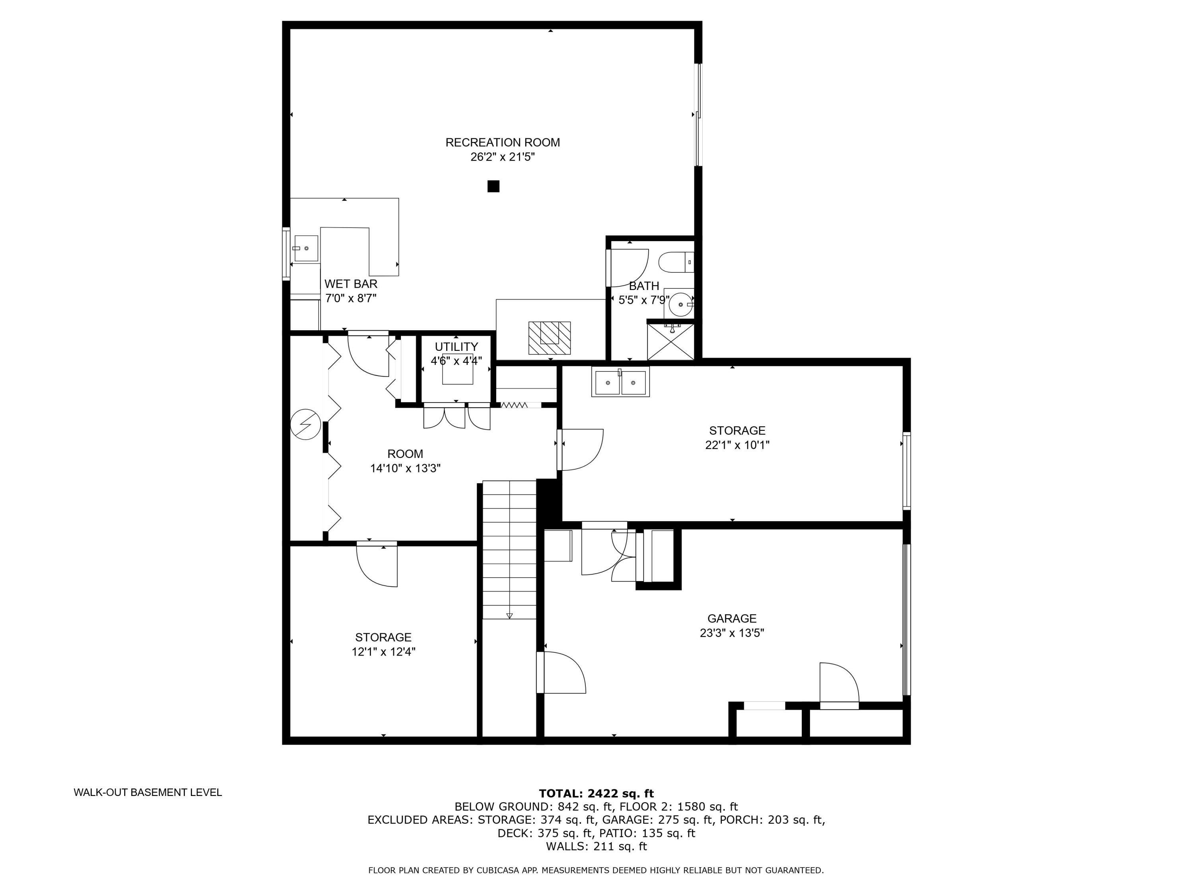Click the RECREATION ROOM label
502,142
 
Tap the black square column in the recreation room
493,186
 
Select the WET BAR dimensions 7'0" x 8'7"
351,298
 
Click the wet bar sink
305,249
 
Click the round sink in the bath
680,305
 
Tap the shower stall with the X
670,341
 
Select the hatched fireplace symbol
549,338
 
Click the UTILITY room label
456,347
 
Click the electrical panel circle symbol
305,424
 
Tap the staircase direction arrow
509,615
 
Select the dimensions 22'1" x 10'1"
737,445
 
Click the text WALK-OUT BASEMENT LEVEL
148,792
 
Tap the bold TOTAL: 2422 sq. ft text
596,794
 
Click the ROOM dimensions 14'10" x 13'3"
405,468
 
